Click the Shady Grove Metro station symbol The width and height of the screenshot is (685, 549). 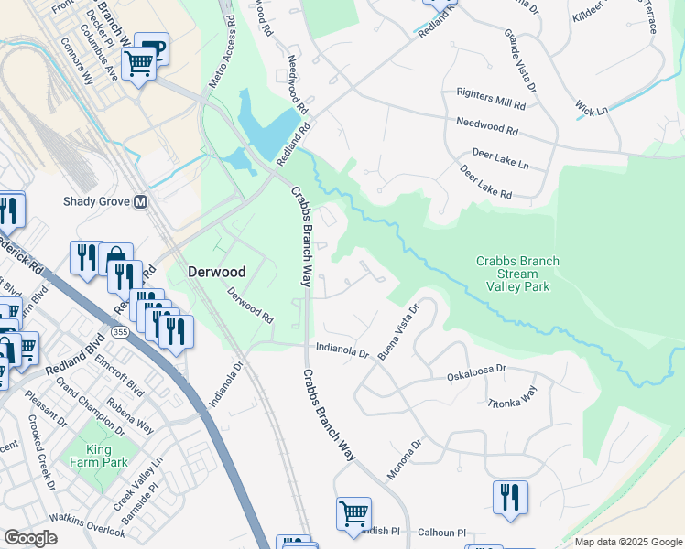coord(141,201)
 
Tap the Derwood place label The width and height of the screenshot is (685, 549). coord(216,272)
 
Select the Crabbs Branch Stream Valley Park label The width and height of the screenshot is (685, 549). coord(517,274)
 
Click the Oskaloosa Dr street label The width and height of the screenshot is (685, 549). coord(476,375)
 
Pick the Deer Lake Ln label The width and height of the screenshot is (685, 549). coord(500,159)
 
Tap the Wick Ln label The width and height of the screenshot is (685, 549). coord(592,111)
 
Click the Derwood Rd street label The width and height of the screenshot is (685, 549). coord(250,306)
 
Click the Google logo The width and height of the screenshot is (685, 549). coord(30,539)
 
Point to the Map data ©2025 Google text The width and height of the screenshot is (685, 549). coord(627,542)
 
